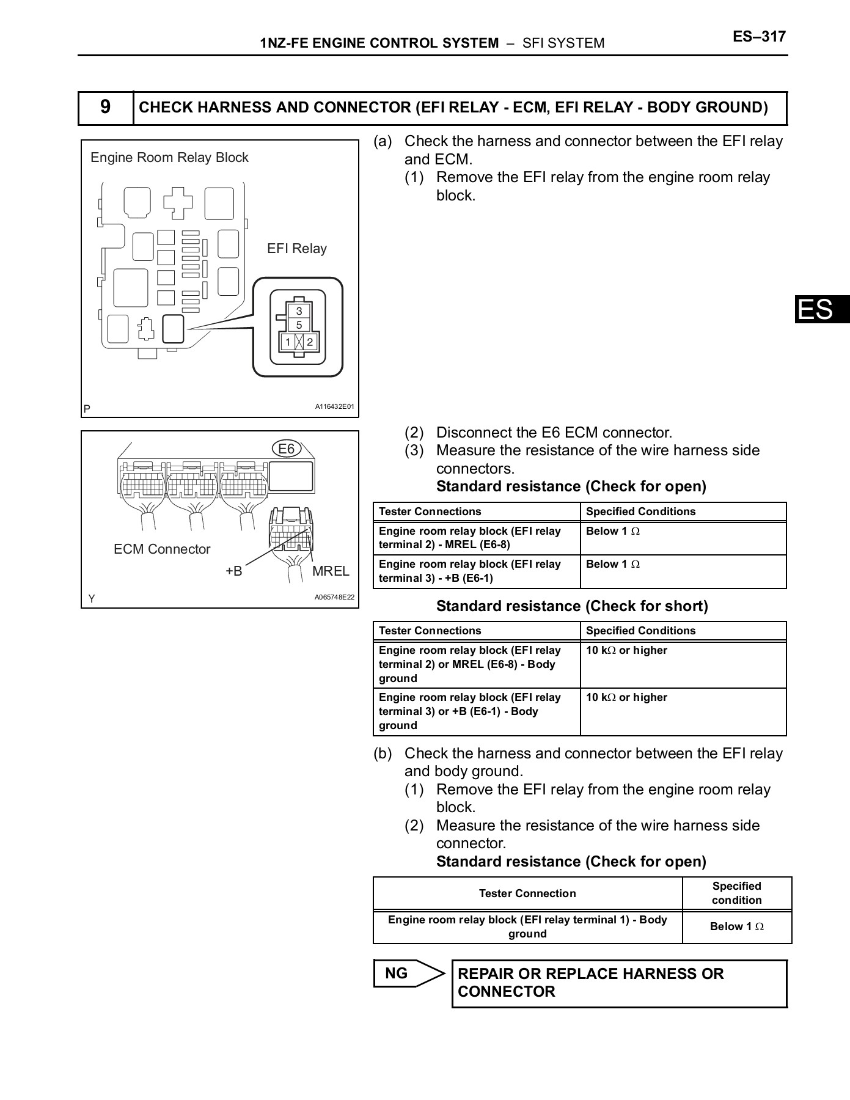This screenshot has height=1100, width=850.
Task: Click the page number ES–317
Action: click(x=759, y=37)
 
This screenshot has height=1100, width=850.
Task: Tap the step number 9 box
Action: click(x=106, y=108)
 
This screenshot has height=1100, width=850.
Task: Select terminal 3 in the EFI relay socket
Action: click(x=299, y=311)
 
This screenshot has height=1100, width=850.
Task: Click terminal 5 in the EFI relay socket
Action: click(x=299, y=325)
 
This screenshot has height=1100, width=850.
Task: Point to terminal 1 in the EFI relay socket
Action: click(x=287, y=342)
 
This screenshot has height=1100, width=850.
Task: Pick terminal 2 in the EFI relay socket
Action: click(x=310, y=342)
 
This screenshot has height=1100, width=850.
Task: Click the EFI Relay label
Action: click(x=297, y=249)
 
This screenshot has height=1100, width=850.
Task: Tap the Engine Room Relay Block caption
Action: click(x=169, y=158)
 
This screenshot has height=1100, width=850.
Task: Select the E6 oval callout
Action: click(x=286, y=449)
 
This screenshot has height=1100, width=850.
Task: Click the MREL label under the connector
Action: click(x=331, y=571)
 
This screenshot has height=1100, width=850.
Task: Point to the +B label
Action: click(x=234, y=571)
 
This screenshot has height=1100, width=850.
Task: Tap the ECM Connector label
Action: click(x=162, y=549)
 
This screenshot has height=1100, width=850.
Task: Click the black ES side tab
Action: click(x=822, y=309)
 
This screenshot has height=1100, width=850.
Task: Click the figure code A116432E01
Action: click(x=334, y=407)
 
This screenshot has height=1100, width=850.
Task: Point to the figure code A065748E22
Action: click(x=334, y=598)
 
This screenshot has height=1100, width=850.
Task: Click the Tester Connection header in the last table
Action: click(x=527, y=893)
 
